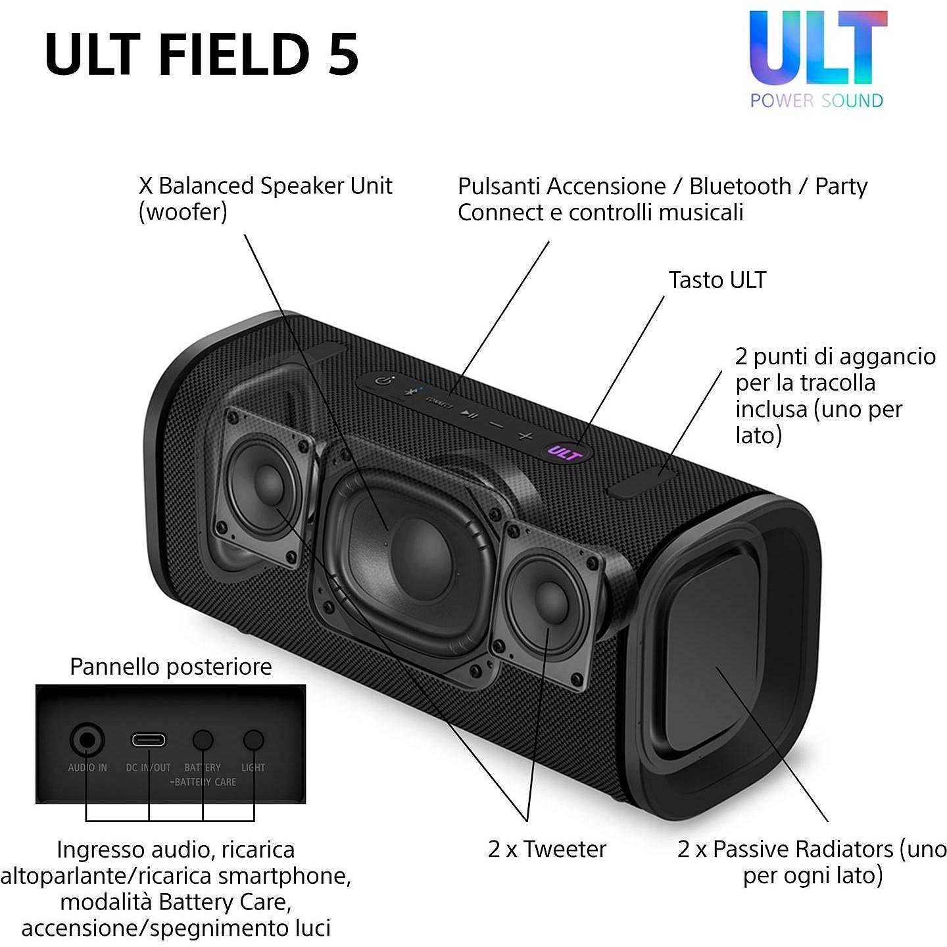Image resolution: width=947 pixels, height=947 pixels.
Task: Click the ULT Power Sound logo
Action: click(817, 59)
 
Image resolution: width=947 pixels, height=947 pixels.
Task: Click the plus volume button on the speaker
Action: click(525, 435)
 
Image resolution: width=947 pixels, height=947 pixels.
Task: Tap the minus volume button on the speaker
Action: click(497, 424)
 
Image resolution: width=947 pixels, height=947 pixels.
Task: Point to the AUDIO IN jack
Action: click(87, 741)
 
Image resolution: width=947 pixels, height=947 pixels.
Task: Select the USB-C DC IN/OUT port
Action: click(149, 740)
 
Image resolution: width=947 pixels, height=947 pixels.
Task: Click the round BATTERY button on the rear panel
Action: click(203, 741)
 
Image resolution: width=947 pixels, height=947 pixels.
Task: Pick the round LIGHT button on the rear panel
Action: click(253, 741)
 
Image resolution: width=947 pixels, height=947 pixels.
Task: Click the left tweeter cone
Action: click(266, 485)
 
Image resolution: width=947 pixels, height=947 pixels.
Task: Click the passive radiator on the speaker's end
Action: click(714, 644)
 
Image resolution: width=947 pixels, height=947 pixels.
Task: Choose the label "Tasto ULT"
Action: click(717, 280)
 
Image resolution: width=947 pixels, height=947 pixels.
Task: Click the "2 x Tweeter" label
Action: click(547, 849)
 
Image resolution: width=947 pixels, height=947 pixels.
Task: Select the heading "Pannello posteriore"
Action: click(171, 667)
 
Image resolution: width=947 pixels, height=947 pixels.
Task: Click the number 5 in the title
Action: click(343, 54)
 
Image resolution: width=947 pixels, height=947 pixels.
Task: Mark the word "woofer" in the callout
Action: click(183, 212)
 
